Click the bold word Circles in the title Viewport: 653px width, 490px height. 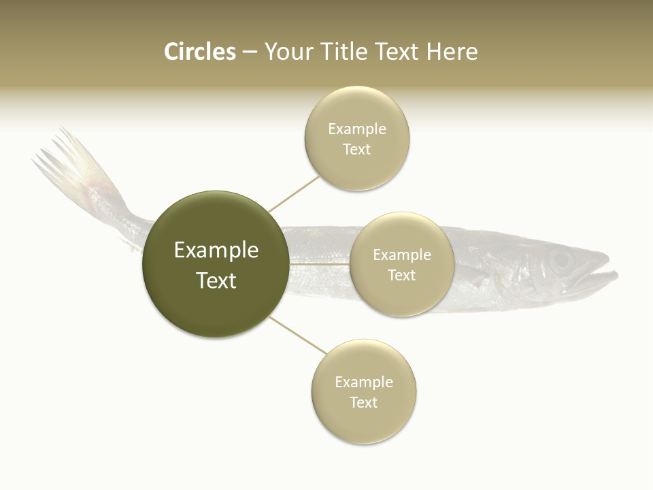[199, 52]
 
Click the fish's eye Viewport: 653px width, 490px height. [560, 259]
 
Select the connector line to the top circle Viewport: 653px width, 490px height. [294, 195]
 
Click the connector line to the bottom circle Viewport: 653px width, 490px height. [298, 336]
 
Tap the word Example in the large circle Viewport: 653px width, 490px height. [216, 250]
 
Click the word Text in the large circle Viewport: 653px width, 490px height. [216, 280]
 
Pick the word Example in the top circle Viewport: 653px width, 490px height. [356, 129]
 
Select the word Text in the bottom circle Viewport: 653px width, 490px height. [363, 402]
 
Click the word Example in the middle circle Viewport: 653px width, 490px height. [401, 255]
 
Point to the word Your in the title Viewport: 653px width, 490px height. [287, 52]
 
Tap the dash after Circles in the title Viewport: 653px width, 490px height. [249, 52]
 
